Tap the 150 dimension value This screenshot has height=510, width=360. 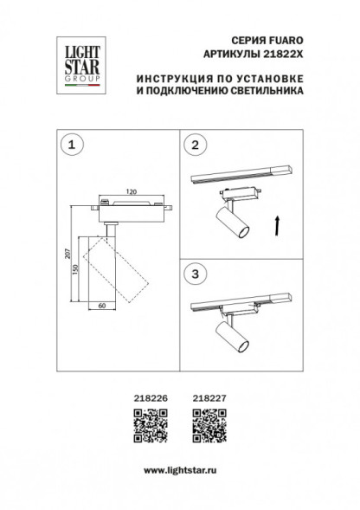pos(79,271)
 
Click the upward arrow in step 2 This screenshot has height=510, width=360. pos(276,227)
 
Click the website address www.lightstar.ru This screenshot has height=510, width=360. pos(179,468)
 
